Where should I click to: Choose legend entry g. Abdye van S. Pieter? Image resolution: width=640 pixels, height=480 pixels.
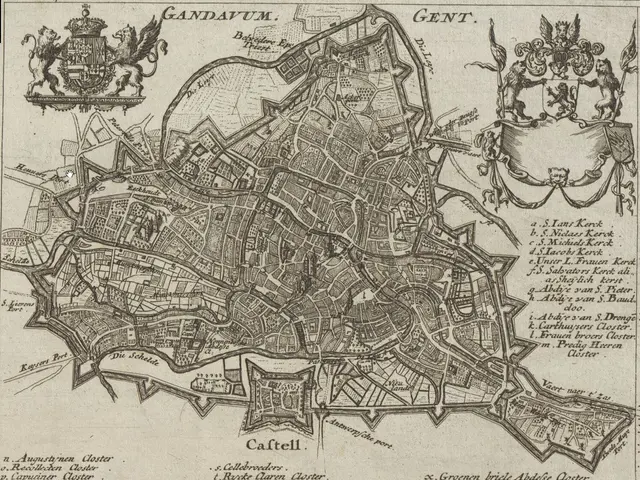tap(576, 290)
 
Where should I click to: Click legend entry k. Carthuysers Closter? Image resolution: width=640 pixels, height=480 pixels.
tap(581, 327)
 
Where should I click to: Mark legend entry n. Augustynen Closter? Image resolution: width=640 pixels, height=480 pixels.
tap(60, 458)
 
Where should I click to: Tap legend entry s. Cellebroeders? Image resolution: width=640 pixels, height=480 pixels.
tap(251, 465)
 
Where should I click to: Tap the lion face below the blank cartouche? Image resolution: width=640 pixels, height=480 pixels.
tap(556, 177)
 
